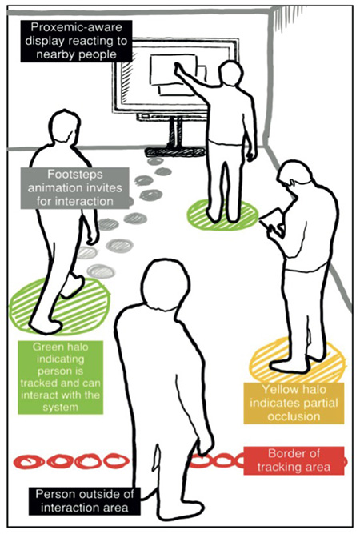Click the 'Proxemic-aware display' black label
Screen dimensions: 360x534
coord(76,41)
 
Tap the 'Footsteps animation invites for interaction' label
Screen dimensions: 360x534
coord(75,187)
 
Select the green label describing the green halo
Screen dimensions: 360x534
coord(61,377)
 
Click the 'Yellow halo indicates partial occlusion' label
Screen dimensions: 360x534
coord(294,403)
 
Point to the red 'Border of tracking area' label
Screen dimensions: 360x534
coord(294,460)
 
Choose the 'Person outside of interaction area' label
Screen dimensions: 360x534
coord(84,500)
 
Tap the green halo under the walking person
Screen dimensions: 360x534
coord(59,306)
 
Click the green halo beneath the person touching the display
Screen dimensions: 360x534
coord(223,214)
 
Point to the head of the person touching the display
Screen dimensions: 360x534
coord(231,73)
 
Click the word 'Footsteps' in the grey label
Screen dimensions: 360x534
coord(75,175)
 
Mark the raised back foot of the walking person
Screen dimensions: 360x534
coord(73,287)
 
